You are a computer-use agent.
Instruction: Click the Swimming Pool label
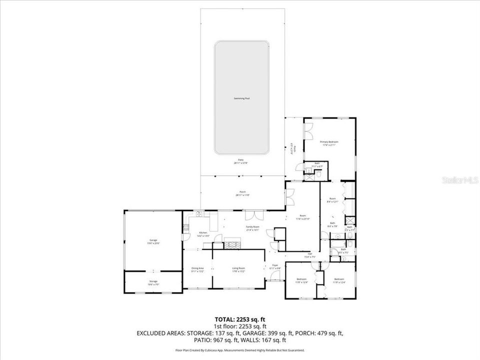point(241,98)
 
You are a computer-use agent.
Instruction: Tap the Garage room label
point(153,241)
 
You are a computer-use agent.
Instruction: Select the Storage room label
point(153,282)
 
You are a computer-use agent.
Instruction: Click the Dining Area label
point(197,269)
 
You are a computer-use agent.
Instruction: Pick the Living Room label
point(238,269)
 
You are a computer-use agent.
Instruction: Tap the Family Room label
point(252,227)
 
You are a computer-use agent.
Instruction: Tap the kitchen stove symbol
point(186,227)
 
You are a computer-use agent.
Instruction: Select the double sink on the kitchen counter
point(198,214)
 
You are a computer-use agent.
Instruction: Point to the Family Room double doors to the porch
point(253,215)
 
